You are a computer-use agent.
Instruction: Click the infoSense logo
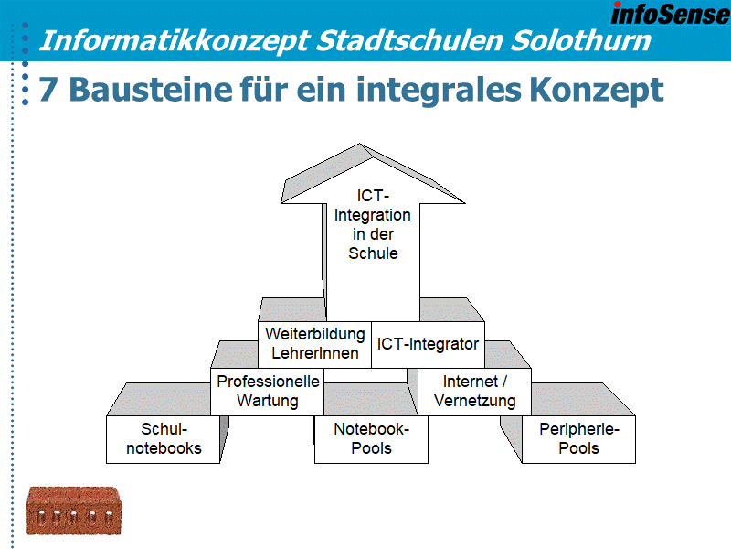[669, 14]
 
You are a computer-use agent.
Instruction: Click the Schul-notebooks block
[164, 439]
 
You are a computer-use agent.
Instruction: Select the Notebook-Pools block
[371, 439]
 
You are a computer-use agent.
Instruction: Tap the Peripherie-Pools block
[578, 439]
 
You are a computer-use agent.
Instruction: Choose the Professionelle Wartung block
[267, 391]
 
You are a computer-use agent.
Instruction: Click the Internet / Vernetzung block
[474, 391]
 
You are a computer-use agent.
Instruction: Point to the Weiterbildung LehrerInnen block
[314, 343]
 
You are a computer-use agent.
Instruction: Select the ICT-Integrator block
[428, 344]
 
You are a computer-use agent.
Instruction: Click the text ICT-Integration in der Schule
[373, 224]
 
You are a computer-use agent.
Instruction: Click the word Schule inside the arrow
[373, 253]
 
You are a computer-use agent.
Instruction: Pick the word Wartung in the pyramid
[267, 401]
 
